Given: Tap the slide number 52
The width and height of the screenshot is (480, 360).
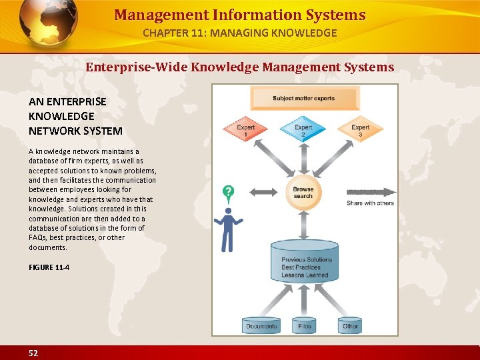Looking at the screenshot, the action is pos(33,353).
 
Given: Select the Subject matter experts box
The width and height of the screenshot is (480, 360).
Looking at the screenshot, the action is pos(303,99).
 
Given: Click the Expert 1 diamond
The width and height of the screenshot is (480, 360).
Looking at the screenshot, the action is pos(246,131).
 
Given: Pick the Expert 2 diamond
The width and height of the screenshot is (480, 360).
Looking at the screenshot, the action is pos(303,131).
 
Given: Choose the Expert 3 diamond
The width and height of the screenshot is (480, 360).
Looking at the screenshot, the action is pos(360,131).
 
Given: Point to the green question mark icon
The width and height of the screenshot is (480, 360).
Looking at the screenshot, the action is pos(229,195).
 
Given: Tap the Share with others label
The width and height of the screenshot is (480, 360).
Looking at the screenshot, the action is pos(370,203).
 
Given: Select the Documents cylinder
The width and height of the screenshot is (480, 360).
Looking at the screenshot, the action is pos(261,325).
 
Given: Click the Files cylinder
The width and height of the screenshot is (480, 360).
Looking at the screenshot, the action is pos(305,325).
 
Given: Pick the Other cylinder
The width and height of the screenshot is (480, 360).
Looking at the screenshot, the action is pos(350,325).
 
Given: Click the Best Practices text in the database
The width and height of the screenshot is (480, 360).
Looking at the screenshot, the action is pos(301,267).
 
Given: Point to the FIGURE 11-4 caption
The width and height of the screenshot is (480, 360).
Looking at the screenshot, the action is pos(49,267).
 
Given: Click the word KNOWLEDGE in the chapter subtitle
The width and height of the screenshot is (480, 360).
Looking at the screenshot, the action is pos(303,33).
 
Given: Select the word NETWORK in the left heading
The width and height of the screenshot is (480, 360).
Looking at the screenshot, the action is pos(53,131).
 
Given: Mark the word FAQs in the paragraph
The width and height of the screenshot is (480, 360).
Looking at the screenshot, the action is pos(37,238).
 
